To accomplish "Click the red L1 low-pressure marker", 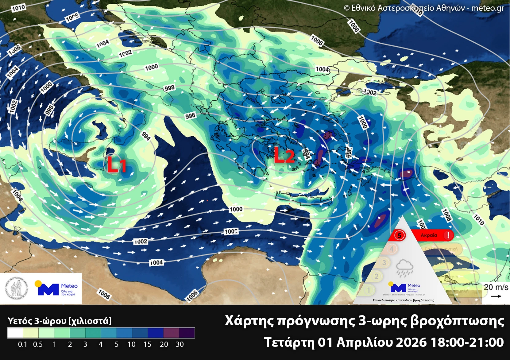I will [116, 165].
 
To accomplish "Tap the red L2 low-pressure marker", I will [284, 155].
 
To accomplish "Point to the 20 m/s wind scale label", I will [496, 287].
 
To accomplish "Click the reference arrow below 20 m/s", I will [496, 296].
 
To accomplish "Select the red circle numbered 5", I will [399, 235].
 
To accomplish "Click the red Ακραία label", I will [429, 235].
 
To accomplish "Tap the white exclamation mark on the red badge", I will [448, 235].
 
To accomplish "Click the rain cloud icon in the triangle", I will [404, 268].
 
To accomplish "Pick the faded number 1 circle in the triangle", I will [369, 290].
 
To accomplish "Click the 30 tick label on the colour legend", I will [180, 344].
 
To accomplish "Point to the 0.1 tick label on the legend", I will [22, 344].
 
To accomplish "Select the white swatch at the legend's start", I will [15, 333].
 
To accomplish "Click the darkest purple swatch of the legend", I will [187, 333].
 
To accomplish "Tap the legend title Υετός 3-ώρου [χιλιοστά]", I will [59, 321].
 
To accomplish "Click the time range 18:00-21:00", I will [467, 342].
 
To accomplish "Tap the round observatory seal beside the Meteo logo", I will [16, 288].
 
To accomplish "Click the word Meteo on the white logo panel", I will [69, 286].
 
